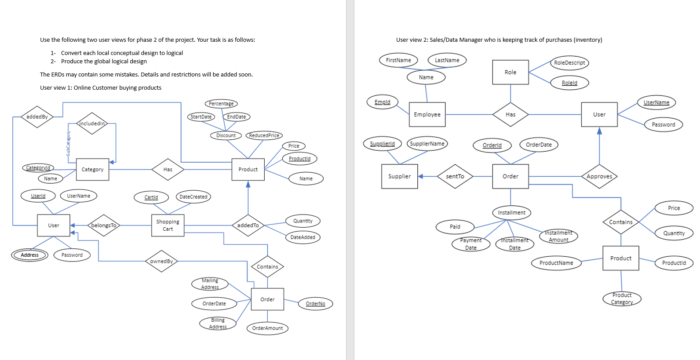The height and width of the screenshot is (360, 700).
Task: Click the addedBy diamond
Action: [x=37, y=117]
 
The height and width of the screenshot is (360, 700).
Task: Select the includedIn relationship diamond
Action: [x=92, y=124]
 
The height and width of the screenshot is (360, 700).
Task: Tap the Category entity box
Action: [x=92, y=170]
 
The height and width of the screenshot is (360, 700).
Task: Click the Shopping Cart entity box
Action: [x=168, y=225]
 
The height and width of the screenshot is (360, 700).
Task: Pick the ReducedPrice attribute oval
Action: [x=264, y=135]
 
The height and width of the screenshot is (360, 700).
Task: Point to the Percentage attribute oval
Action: [x=221, y=104]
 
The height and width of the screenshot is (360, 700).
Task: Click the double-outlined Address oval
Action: [x=29, y=255]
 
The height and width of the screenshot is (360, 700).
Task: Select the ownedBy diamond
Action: [x=161, y=261]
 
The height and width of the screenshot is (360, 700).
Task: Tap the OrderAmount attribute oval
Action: [x=267, y=328]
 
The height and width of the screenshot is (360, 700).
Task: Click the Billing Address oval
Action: [x=218, y=324]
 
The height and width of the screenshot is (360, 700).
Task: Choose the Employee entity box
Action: [x=427, y=115]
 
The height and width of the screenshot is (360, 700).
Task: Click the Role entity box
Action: [x=510, y=72]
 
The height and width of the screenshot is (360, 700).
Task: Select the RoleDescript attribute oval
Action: [x=569, y=63]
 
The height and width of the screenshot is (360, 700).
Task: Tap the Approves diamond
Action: [x=599, y=177]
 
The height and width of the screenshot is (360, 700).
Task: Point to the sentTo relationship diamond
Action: [x=455, y=177]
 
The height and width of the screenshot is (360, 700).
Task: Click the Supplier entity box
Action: [x=399, y=177]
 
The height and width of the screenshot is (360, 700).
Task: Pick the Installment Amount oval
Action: [x=558, y=236]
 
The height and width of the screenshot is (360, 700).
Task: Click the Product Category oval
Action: [x=622, y=299]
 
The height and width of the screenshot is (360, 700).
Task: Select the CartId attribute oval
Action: [x=151, y=197]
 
